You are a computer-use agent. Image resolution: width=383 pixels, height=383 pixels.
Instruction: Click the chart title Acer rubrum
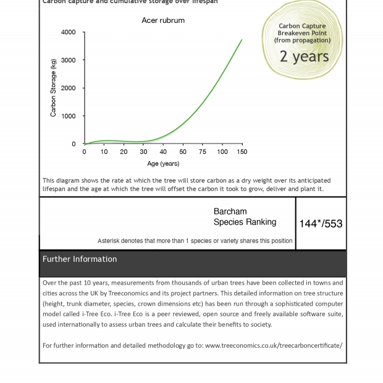163,20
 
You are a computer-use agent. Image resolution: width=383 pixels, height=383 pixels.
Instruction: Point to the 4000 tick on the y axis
69,32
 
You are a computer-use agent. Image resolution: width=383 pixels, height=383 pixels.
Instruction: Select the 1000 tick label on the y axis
69,116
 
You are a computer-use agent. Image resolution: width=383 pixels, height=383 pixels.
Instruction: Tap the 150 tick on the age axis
242,151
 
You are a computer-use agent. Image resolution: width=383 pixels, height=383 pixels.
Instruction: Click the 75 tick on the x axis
203,151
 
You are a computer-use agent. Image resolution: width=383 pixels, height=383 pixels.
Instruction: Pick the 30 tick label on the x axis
143,151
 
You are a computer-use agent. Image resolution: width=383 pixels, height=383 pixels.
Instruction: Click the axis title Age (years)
163,164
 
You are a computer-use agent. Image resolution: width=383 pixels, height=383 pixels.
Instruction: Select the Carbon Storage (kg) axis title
54,88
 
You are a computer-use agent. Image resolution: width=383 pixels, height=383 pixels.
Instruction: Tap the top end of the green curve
242,40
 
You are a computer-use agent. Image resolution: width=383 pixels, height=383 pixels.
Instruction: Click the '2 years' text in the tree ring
304,56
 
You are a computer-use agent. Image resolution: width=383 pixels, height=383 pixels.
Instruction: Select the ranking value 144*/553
321,224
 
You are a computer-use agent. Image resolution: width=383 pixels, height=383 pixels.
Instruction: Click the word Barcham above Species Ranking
230,211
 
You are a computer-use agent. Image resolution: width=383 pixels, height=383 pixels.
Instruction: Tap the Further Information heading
80,259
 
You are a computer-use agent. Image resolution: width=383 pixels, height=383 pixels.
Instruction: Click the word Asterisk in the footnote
111,241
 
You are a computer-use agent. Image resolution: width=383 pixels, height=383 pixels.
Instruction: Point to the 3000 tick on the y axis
69,60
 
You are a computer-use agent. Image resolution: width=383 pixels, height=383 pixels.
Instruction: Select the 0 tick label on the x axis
85,151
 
